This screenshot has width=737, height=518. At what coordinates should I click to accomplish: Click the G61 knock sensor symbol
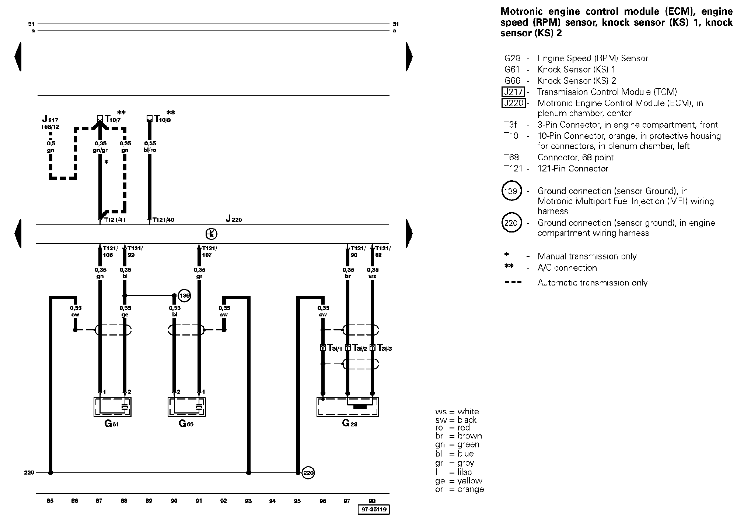[x=112, y=407]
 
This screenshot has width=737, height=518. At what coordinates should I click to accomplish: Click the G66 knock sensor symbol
[x=186, y=407]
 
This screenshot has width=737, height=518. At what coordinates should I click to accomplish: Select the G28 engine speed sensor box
[x=348, y=407]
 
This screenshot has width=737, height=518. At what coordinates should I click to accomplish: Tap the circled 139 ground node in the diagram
[x=184, y=295]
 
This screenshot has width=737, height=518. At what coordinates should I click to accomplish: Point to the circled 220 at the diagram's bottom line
[x=308, y=473]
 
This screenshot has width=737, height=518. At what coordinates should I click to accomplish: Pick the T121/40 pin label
[x=164, y=220]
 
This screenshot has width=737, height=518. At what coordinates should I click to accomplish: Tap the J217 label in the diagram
[x=50, y=119]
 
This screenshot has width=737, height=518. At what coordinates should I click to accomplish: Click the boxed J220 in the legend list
[x=513, y=103]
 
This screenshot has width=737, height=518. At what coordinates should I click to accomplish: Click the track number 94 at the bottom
[x=273, y=501]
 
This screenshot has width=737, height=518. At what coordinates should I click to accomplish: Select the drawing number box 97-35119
[x=374, y=510]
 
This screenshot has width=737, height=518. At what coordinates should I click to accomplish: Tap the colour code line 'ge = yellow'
[x=458, y=481]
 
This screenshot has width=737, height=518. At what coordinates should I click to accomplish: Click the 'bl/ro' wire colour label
[x=150, y=150]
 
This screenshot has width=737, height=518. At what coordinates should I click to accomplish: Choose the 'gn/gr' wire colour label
[x=100, y=150]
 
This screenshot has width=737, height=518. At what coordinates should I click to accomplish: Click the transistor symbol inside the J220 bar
[x=211, y=234]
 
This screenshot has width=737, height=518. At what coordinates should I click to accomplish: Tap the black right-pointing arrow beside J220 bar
[x=409, y=234]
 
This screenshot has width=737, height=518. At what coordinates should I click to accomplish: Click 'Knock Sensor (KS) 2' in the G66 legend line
[x=577, y=81]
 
